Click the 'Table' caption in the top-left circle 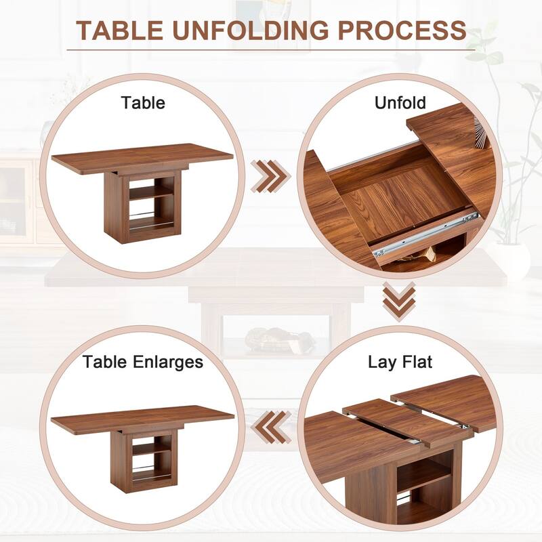point(143,103)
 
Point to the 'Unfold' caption point(400,103)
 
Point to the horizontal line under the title point(271,49)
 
